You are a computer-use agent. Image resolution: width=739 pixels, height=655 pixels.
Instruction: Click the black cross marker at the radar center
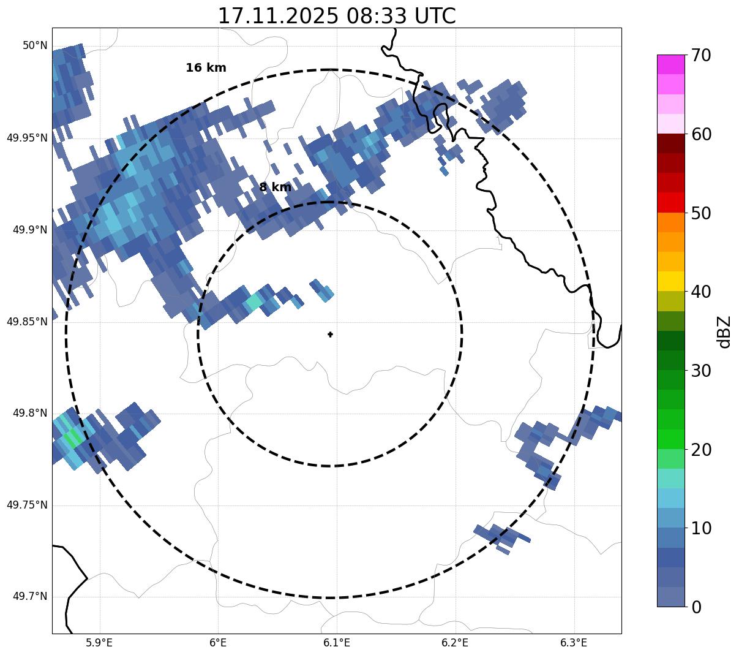(x=331, y=334)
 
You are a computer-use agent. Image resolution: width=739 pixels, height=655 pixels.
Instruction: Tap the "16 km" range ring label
(x=206, y=68)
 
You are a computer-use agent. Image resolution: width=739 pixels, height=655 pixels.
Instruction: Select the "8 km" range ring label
(x=275, y=187)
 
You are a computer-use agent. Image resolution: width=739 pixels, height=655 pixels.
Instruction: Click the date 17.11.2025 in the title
(x=277, y=16)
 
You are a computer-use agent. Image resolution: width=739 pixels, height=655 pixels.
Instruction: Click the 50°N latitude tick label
(x=35, y=45)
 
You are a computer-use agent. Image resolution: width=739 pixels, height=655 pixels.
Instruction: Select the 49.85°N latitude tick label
(x=27, y=321)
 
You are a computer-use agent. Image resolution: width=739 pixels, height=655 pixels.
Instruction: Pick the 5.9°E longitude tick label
(x=99, y=643)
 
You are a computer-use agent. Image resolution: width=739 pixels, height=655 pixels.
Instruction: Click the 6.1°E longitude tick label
(x=337, y=643)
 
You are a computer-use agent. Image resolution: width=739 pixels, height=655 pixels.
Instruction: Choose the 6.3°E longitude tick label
(x=574, y=643)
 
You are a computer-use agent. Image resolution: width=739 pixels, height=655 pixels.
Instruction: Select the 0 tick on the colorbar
(x=696, y=607)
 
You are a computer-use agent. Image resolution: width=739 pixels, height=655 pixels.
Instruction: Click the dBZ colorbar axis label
(x=724, y=331)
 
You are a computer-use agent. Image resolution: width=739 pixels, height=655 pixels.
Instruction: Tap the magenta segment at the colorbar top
(x=670, y=64)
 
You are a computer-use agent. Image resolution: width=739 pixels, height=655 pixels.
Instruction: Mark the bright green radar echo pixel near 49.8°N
(x=74, y=437)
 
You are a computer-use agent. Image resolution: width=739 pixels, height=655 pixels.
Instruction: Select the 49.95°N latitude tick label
(x=27, y=137)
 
